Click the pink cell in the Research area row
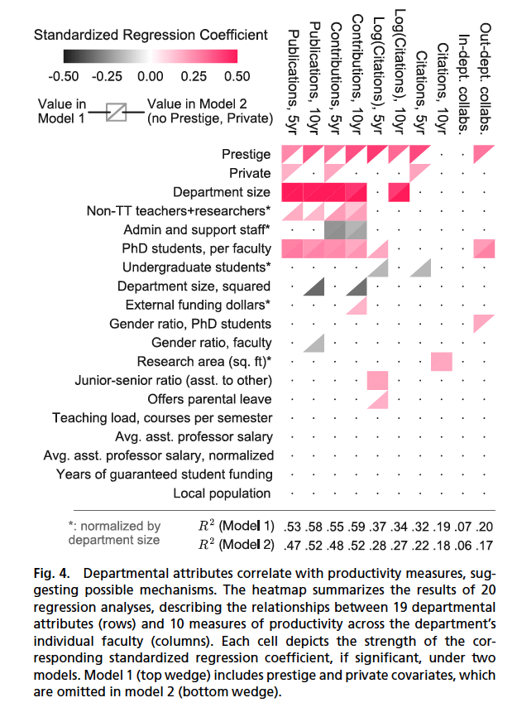[442, 361]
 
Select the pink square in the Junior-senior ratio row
[377, 380]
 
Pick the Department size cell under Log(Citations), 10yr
[399, 192]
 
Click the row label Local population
[222, 493]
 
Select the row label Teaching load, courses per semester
[161, 417]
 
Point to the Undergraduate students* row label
[197, 267]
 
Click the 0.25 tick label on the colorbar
[194, 76]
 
